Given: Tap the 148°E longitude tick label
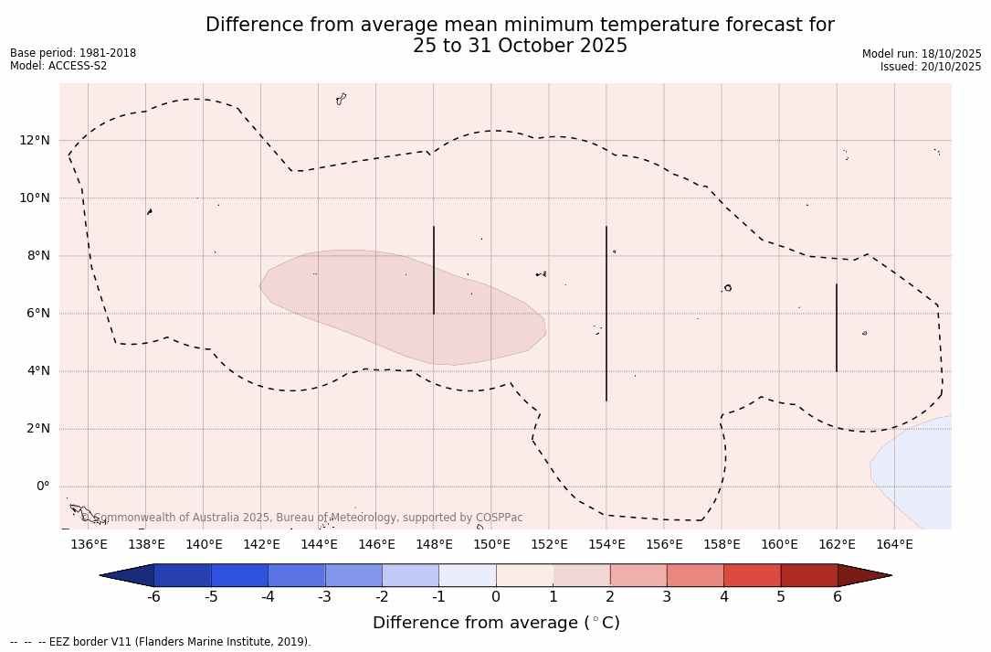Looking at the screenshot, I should point(434,545).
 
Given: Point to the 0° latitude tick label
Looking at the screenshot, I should point(43,486).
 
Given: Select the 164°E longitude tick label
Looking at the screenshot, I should point(894,545).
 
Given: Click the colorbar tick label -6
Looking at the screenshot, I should point(153,597).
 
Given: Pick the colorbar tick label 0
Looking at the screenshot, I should point(496,597).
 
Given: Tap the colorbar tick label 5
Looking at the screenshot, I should point(781,597).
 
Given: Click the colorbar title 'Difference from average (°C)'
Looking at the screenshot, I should point(496,623).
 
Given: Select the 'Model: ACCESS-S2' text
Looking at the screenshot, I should point(58,66).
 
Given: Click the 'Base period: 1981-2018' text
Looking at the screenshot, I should point(73,53).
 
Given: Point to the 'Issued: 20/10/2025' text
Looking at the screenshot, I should point(931,67).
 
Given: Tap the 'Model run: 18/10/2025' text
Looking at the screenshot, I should point(922,54).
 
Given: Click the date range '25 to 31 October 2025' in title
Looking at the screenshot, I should point(520,46).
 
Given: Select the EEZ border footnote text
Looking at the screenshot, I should point(161,642).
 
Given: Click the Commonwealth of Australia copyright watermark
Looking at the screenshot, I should point(301,518).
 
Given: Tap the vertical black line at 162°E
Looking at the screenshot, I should point(836,327).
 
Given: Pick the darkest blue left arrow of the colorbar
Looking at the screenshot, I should point(128,575).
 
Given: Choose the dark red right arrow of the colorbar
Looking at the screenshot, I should point(864,575).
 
